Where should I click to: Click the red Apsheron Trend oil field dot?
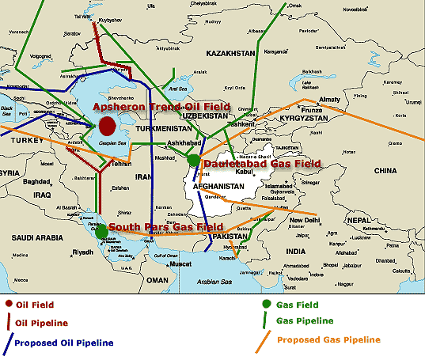(x=108, y=125)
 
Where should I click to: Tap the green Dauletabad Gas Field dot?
(x=193, y=160)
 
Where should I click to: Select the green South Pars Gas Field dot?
(x=101, y=231)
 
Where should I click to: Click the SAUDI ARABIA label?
(x=35, y=236)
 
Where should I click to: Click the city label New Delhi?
(x=305, y=219)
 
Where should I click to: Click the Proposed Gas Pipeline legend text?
(x=329, y=339)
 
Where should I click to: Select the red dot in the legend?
(x=9, y=305)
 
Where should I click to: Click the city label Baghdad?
(x=37, y=181)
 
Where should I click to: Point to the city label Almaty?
(x=329, y=99)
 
